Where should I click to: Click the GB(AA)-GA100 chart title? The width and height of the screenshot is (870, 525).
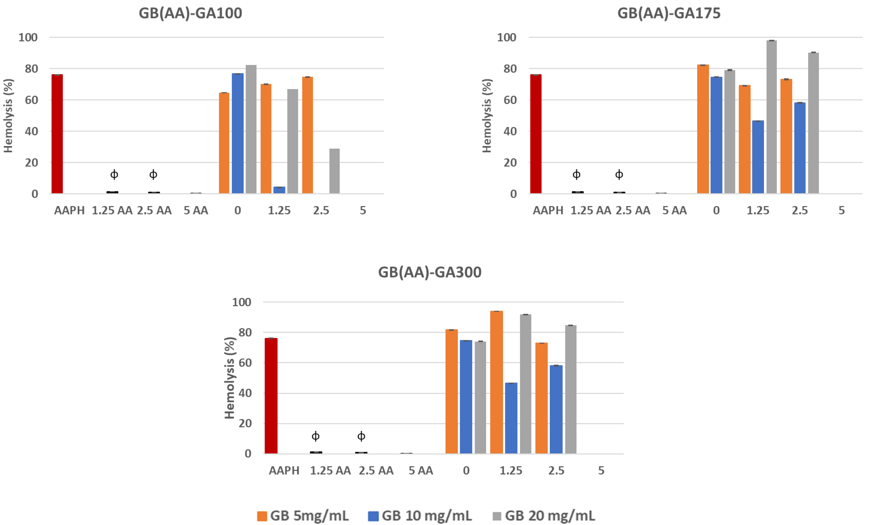(x=190, y=13)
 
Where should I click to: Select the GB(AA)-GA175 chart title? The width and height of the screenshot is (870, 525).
(x=669, y=13)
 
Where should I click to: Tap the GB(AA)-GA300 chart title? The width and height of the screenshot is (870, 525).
(x=430, y=272)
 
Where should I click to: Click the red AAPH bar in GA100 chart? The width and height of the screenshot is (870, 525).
(x=57, y=134)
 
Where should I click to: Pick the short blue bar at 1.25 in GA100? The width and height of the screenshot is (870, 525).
(x=279, y=190)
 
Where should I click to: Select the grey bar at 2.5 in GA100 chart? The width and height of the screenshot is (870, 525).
(x=334, y=171)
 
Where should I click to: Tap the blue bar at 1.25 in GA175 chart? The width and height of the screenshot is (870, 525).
(x=758, y=157)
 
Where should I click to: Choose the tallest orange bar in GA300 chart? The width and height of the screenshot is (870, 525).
(x=496, y=382)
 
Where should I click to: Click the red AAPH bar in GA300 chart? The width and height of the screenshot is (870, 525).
(x=271, y=396)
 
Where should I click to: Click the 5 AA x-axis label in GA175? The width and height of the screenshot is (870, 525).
(x=674, y=211)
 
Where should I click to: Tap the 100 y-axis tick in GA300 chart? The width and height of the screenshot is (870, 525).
(x=242, y=302)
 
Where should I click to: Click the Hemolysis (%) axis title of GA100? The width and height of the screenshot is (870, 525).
(x=8, y=116)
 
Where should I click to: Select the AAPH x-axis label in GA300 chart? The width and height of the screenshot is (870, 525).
(x=284, y=470)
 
